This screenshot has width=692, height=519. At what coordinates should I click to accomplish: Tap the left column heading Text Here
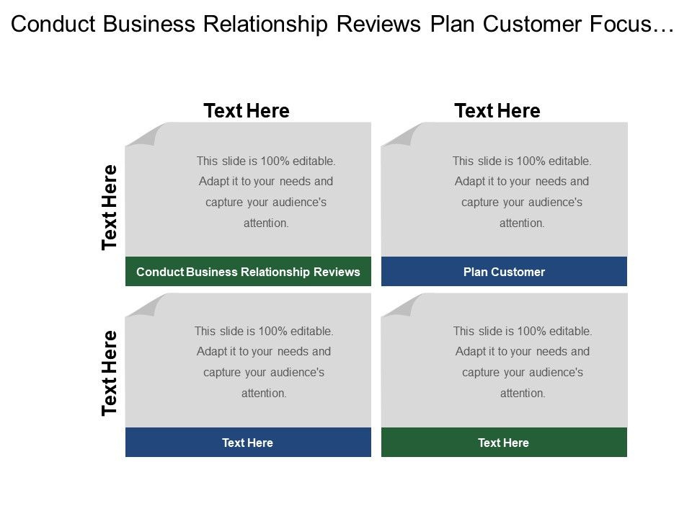(247, 110)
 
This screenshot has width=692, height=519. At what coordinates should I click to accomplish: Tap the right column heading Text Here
(497, 110)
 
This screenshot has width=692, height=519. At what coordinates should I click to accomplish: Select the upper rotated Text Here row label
(110, 208)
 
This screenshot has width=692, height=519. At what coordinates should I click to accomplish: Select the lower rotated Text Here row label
(110, 373)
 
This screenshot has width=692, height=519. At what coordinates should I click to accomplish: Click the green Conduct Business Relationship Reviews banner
(248, 272)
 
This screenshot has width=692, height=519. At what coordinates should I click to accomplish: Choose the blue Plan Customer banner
(504, 272)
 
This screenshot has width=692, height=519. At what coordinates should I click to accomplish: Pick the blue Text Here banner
(248, 442)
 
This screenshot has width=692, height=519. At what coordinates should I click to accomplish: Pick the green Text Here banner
(504, 442)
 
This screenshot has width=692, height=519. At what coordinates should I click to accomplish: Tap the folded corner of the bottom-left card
(148, 306)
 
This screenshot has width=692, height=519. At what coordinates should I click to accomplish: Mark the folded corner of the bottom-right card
(404, 306)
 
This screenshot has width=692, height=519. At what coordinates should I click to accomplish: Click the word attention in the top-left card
(265, 223)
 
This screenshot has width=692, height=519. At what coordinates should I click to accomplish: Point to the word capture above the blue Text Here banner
(223, 373)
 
